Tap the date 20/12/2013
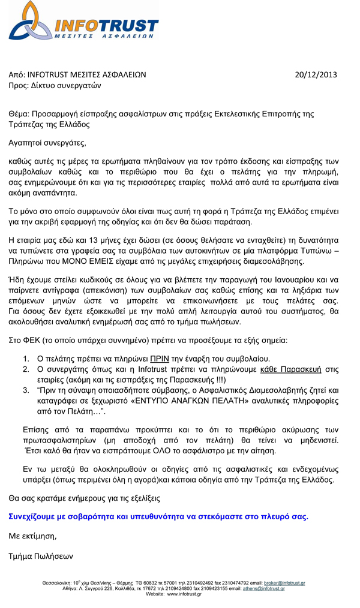(317, 75)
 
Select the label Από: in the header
(17, 75)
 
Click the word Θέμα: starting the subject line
(19, 114)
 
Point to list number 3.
(27, 390)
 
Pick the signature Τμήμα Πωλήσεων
(41, 556)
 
